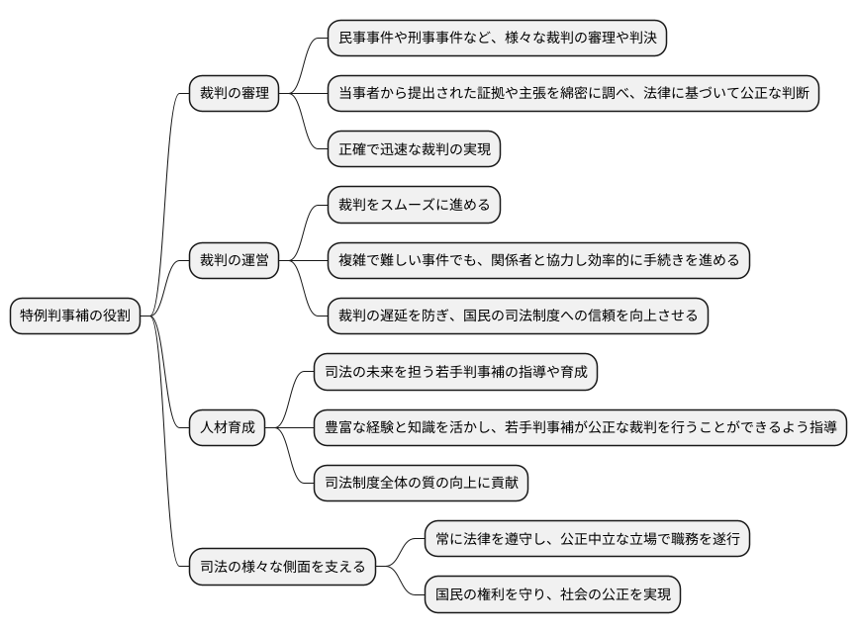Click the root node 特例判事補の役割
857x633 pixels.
click(74, 316)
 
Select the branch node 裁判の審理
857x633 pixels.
click(235, 94)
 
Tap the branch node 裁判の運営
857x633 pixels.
click(235, 261)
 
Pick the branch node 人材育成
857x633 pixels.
click(227, 428)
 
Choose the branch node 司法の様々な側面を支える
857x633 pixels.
click(282, 567)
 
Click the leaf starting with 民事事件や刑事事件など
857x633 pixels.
click(497, 39)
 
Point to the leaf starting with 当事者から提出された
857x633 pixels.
click(573, 94)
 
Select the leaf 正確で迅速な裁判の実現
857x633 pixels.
click(415, 149)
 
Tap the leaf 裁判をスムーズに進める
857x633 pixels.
click(415, 206)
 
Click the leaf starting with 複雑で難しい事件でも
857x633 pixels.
click(538, 261)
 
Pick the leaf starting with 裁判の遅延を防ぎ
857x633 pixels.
click(518, 316)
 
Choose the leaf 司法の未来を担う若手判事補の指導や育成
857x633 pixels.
click(455, 372)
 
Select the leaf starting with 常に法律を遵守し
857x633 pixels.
click(587, 539)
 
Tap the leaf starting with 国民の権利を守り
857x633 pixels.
click(552, 594)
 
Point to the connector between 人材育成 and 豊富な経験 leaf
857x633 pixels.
click(289, 428)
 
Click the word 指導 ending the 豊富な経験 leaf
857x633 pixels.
click(823, 428)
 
